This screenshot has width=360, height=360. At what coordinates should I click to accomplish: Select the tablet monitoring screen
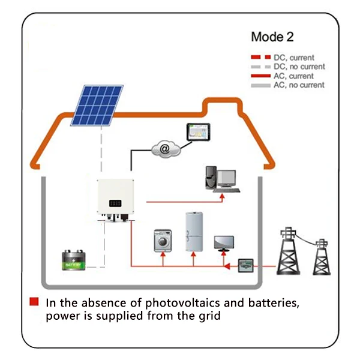(196, 132)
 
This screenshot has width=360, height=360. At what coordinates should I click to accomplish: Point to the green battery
(76, 261)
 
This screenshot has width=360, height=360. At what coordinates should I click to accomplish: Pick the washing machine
(162, 238)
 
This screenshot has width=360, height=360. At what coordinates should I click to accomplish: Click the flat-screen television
(225, 241)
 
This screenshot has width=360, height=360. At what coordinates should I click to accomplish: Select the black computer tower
(209, 177)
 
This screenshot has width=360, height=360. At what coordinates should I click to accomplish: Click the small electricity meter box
(246, 264)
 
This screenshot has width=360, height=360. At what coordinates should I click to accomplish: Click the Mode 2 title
(272, 37)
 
